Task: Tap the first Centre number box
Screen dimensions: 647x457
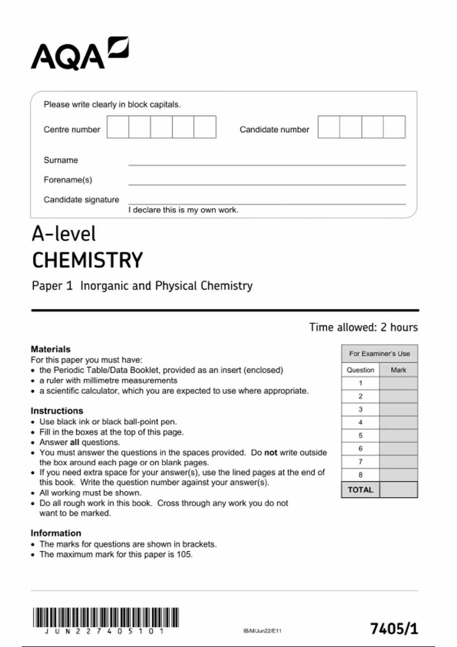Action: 118,127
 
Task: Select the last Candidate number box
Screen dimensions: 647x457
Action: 394,127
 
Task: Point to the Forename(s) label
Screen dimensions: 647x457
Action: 68,180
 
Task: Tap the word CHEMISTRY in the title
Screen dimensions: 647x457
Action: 87,260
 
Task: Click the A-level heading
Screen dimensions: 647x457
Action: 64,234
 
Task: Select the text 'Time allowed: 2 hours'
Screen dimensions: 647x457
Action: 363,327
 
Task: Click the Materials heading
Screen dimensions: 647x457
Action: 51,349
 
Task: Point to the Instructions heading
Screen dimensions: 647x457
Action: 57,411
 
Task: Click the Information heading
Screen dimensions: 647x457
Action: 56,533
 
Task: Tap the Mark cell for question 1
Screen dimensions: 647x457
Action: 398,383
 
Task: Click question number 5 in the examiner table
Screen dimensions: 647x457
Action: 360,435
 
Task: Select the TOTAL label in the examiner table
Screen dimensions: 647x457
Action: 360,490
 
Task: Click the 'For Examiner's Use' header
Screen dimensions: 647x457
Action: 379,354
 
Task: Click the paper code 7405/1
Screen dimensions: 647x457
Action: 394,628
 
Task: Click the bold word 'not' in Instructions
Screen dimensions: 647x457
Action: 271,453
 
